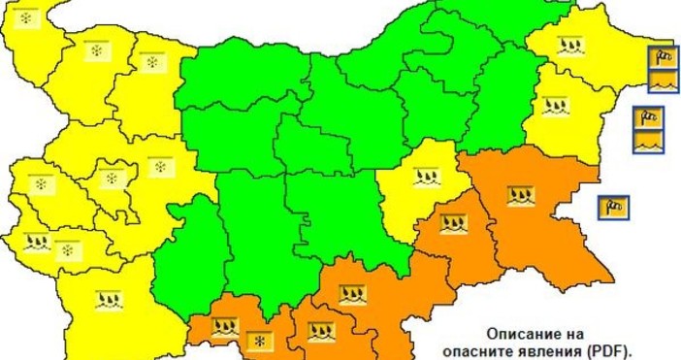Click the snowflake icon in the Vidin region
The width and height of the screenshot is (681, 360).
pos(25,19)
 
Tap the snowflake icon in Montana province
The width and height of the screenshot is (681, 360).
pos(96,50)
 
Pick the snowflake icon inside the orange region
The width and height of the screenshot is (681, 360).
pos(259,340)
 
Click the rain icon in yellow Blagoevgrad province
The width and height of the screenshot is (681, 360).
pos(110,300)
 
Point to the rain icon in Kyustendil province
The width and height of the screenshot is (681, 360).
pos(37,240)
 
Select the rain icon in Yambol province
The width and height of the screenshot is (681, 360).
pos(454,224)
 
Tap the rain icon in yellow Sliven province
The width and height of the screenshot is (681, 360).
pos(424,178)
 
